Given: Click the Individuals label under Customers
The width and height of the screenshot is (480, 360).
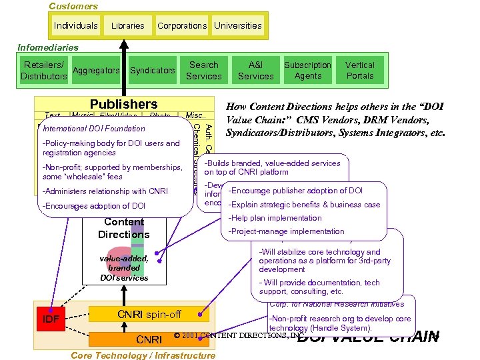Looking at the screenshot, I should [76, 25].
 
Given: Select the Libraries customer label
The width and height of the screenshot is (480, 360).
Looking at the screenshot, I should [127, 25].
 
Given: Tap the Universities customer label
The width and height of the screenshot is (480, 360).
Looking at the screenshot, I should [238, 25].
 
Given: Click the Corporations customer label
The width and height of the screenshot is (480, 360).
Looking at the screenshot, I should [182, 25].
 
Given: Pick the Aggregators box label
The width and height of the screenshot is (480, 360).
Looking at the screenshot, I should [96, 71].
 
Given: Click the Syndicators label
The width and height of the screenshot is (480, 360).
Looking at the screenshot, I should [152, 71].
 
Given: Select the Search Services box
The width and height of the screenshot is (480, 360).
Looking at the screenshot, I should [204, 71].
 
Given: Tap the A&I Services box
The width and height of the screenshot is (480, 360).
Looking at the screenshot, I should [255, 71].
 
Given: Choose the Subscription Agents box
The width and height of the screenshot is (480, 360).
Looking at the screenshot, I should [307, 71].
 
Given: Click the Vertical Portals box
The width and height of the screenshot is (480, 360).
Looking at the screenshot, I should [360, 71].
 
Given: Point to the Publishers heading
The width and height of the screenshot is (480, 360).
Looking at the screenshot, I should [123, 104].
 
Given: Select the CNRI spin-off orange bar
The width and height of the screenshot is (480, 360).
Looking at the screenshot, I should [149, 314].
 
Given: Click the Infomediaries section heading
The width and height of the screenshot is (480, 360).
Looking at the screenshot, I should [48, 47].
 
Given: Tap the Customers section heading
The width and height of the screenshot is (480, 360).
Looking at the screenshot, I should [73, 6].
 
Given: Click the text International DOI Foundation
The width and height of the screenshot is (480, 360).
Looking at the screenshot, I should [93, 128].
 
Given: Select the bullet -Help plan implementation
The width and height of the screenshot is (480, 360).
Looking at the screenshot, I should [275, 218].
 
